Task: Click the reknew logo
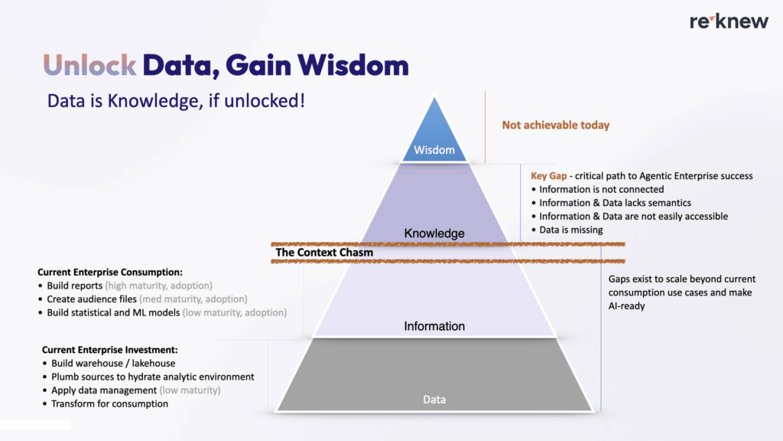click(x=729, y=21)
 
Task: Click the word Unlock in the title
click(x=90, y=66)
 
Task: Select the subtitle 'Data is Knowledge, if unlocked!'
click(x=176, y=101)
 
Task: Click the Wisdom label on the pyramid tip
click(x=434, y=150)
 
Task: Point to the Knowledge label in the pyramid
click(x=434, y=233)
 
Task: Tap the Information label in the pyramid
click(x=434, y=326)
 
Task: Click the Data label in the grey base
click(x=434, y=400)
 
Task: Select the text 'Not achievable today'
click(x=555, y=125)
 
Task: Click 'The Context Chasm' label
click(x=324, y=252)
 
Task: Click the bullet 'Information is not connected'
click(x=601, y=189)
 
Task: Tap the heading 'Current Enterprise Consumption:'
click(x=109, y=272)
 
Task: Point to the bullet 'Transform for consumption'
click(x=109, y=403)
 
